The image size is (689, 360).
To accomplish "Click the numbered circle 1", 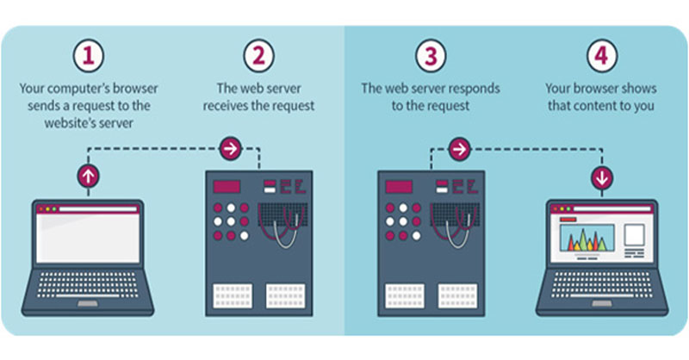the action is click(89, 56).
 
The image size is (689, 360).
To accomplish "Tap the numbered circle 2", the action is click(259, 56).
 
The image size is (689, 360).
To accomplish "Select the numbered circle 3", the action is click(431, 56).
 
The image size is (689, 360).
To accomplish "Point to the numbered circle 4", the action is click(601, 56).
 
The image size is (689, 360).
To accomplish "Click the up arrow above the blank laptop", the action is click(89, 177).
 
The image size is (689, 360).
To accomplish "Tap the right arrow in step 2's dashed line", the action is click(231, 149).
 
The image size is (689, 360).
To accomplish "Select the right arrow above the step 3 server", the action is click(460, 150).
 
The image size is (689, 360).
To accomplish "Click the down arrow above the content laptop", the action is click(601, 178).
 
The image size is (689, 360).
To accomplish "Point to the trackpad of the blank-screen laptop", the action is click(88, 304).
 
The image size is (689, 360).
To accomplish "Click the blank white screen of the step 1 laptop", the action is click(88, 238).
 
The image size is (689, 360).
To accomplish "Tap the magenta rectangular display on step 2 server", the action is click(227, 187).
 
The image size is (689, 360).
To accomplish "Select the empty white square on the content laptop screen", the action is click(634, 235).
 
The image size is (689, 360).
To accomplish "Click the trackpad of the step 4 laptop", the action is click(602, 304).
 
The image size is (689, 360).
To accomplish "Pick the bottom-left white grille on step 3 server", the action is click(405, 295).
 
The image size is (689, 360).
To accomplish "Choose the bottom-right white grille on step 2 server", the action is click(286, 295).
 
